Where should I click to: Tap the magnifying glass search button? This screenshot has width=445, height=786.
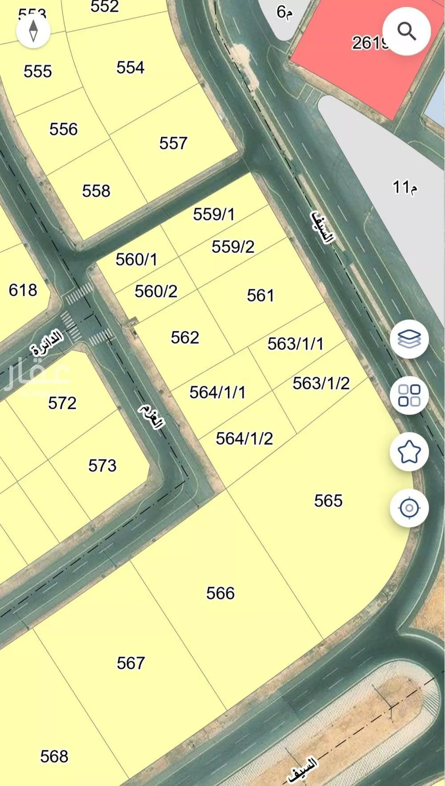tap(406, 32)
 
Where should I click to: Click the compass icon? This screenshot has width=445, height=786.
tap(33, 31)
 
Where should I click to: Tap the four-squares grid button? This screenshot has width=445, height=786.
tap(409, 395)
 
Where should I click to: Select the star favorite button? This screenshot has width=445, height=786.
tap(409, 452)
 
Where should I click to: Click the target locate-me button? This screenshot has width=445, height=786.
tap(409, 508)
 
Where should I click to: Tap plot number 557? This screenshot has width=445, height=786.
tap(173, 143)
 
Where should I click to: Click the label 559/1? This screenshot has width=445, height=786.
tap(214, 214)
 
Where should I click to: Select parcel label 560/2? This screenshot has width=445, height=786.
tap(156, 291)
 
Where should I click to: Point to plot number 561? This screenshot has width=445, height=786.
tap(260, 295)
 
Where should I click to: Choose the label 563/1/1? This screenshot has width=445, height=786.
tap(295, 344)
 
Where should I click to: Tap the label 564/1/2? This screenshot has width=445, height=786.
tap(244, 439)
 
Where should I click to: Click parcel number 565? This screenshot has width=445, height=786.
tap(328, 501)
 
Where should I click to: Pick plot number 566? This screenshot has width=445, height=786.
tap(220, 593)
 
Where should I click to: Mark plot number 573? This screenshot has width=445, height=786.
tap(102, 466)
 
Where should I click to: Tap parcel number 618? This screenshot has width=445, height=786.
tap(23, 290)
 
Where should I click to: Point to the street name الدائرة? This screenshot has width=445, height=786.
tap(47, 342)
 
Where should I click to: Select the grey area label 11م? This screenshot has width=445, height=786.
tap(405, 187)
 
